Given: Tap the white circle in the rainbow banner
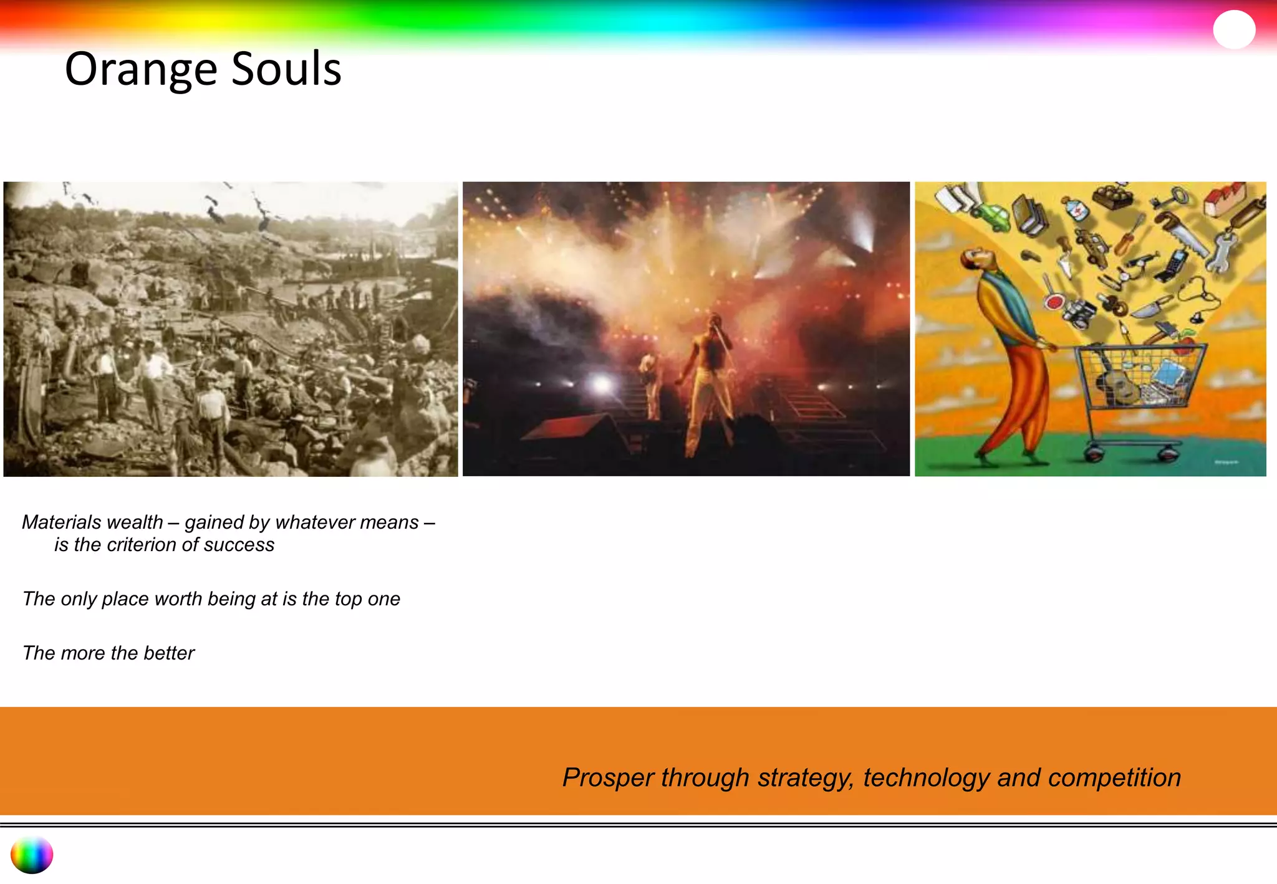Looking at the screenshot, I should [x=1233, y=29].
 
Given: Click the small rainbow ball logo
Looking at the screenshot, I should [x=32, y=855].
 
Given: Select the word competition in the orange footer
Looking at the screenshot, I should [x=1114, y=777].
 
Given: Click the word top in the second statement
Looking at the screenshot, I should [x=348, y=598].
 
